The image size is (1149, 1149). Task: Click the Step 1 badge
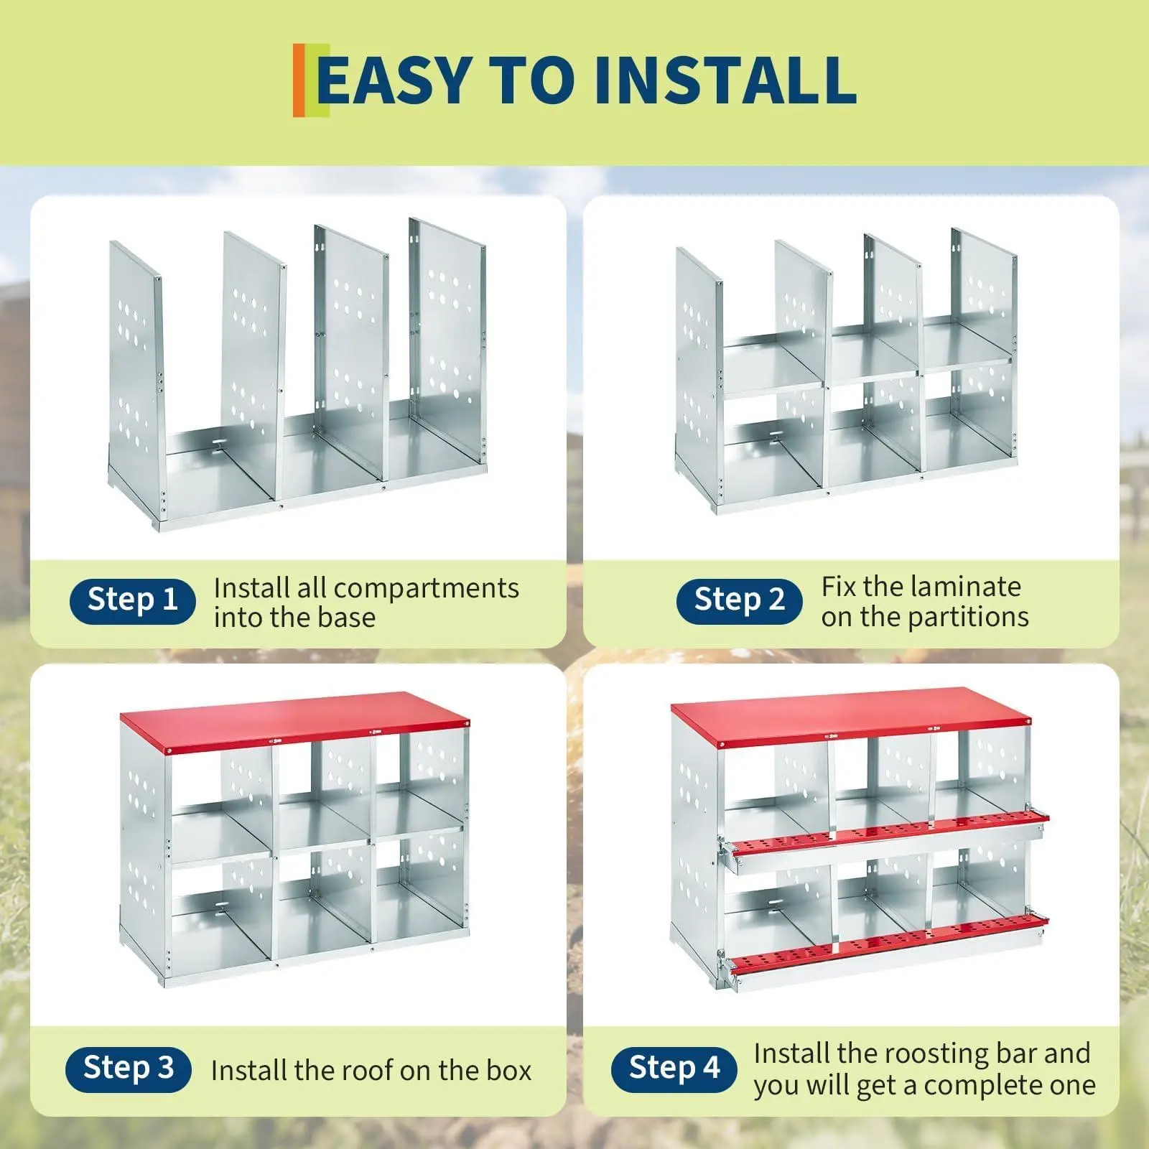(133, 600)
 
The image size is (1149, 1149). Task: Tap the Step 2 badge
(739, 600)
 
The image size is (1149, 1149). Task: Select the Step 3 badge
(129, 1069)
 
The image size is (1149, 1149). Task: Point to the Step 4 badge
(674, 1069)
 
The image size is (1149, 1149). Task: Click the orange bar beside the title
(299, 80)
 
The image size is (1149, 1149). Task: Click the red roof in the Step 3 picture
(294, 720)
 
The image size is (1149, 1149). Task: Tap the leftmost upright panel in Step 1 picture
(135, 373)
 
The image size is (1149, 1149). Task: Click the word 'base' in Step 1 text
(345, 618)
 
